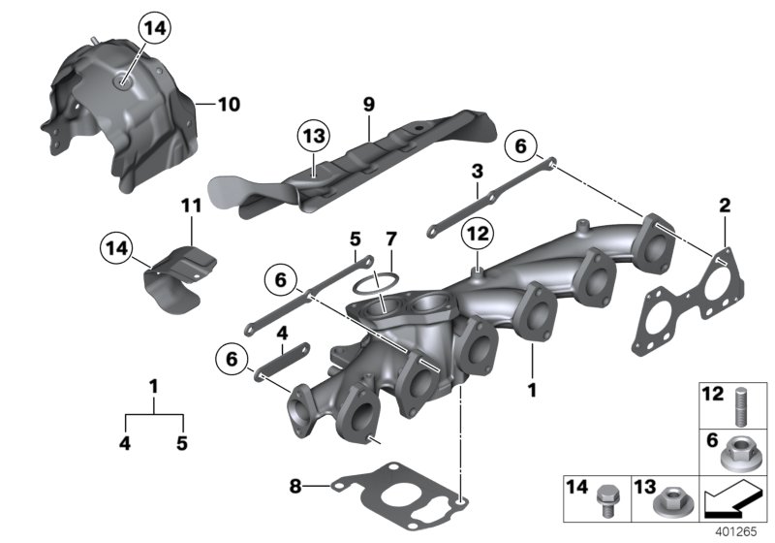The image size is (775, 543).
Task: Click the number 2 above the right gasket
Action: tap(724, 206)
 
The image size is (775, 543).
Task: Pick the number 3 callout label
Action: tap(477, 173)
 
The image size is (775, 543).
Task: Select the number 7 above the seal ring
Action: tap(390, 239)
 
